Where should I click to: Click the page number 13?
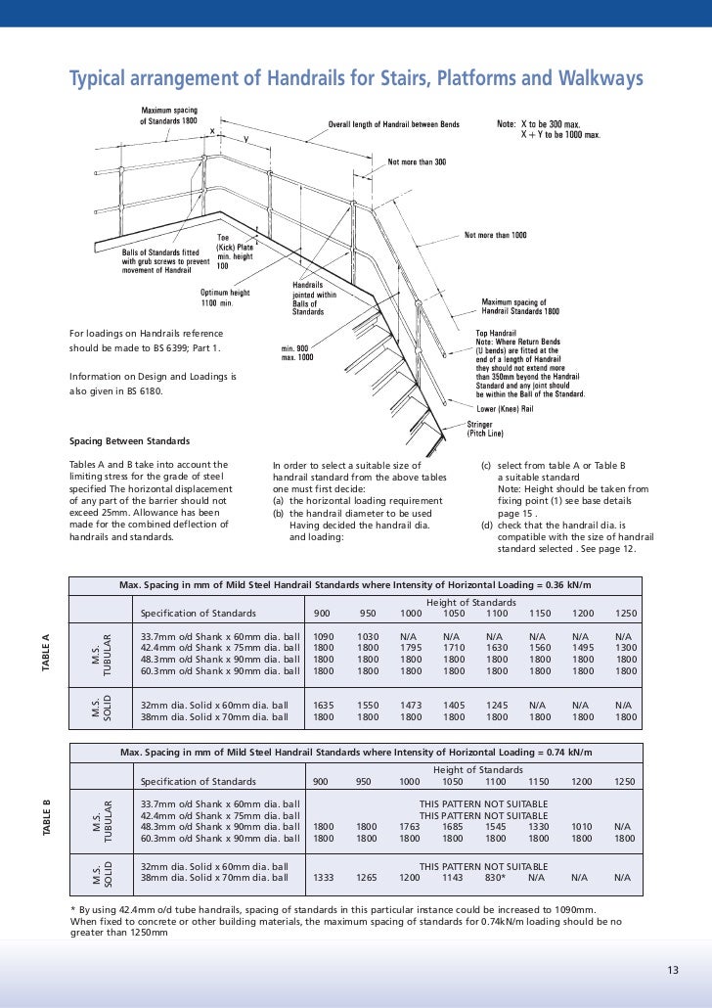point(672,970)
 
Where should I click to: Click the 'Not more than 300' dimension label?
point(418,161)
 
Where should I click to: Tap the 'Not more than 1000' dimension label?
point(495,235)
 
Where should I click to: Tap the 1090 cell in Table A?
point(322,635)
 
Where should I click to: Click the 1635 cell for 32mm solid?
point(322,704)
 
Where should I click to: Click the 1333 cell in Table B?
point(322,878)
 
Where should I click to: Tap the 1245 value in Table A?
point(494,704)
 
